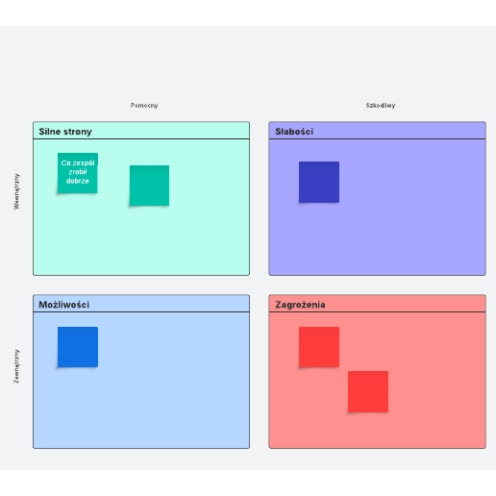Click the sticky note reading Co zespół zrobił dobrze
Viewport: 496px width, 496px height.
(78, 173)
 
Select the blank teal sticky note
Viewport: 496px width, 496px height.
(149, 186)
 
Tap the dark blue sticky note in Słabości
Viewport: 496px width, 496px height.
(319, 182)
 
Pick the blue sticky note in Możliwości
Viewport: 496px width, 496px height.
(78, 347)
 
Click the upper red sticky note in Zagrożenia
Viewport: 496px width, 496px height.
(319, 347)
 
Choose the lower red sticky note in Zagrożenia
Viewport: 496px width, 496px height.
(368, 391)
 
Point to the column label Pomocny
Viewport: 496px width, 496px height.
(144, 106)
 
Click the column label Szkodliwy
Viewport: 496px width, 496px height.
(381, 106)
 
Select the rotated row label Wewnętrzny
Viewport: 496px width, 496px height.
(16, 191)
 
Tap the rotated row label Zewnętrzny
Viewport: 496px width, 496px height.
(16, 366)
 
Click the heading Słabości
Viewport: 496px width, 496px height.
(294, 132)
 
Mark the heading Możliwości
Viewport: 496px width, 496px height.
(64, 305)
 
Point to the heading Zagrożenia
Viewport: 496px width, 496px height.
(300, 305)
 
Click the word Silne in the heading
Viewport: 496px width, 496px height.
(48, 132)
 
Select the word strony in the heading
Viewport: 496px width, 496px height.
(76, 132)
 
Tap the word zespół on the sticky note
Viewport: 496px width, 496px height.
(84, 163)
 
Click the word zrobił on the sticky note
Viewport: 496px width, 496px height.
(78, 172)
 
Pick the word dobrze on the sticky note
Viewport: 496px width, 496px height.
(78, 181)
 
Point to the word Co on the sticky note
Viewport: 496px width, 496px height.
(65, 162)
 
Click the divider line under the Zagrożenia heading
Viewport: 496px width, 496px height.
(378, 311)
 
